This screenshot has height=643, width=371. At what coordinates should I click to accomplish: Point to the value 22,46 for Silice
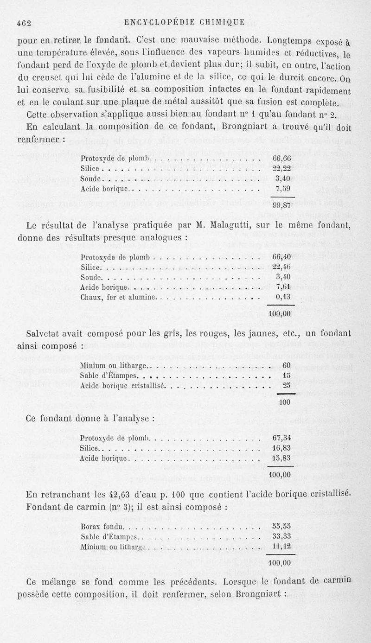281,267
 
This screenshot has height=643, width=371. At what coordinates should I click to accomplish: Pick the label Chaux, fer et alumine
119,297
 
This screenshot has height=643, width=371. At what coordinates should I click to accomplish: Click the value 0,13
283,297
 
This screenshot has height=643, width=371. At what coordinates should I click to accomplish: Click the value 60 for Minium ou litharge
287,365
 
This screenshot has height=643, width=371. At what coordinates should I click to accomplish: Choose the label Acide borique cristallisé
122,385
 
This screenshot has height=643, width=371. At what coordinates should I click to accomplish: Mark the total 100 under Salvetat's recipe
285,402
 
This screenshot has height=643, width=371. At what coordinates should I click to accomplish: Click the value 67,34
281,438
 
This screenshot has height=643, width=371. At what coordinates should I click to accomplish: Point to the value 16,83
281,448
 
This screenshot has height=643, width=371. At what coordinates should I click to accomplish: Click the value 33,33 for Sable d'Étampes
281,537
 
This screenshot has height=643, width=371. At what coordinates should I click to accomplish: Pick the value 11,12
281,547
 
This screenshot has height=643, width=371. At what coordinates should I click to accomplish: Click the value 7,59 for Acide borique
282,189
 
